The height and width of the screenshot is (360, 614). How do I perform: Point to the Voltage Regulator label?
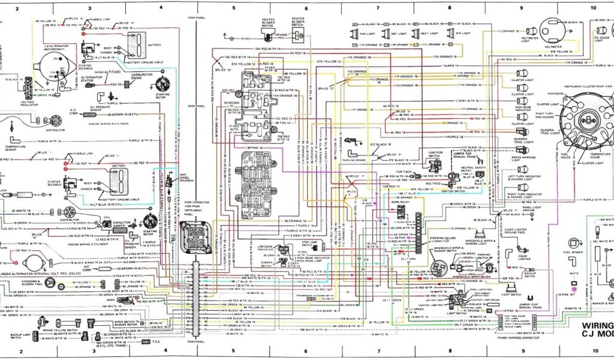point(28,104)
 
